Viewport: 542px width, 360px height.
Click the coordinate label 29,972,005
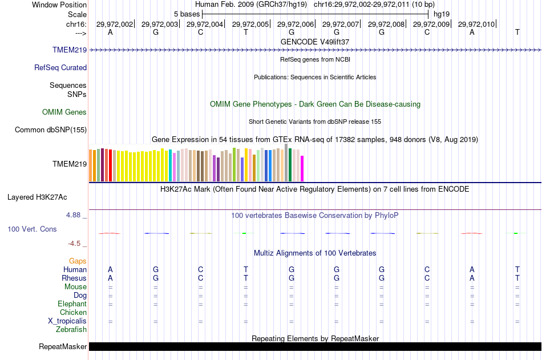pos(251,24)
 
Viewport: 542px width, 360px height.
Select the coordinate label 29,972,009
pos(431,24)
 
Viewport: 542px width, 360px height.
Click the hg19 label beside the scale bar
pos(442,14)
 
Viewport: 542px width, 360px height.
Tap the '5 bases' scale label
pos(187,14)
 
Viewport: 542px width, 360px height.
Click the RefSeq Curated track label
pos(60,67)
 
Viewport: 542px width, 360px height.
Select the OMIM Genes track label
pos(64,112)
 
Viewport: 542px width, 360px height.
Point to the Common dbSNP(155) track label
pos(51,130)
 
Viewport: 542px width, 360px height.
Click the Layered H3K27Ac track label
pos(37,197)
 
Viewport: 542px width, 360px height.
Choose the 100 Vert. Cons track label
pos(32,229)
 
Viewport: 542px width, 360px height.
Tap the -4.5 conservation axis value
pos(75,244)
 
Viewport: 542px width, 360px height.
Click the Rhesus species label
pos(74,278)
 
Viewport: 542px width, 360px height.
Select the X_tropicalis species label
pos(67,321)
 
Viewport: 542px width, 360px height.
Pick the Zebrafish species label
pos(71,329)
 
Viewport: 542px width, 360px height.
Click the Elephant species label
pos(72,304)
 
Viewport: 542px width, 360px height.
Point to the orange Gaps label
pos(78,261)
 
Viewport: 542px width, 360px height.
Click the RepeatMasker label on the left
pos(63,346)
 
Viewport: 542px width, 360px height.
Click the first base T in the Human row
pos(245,269)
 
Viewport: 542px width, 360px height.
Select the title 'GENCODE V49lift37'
pos(315,42)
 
